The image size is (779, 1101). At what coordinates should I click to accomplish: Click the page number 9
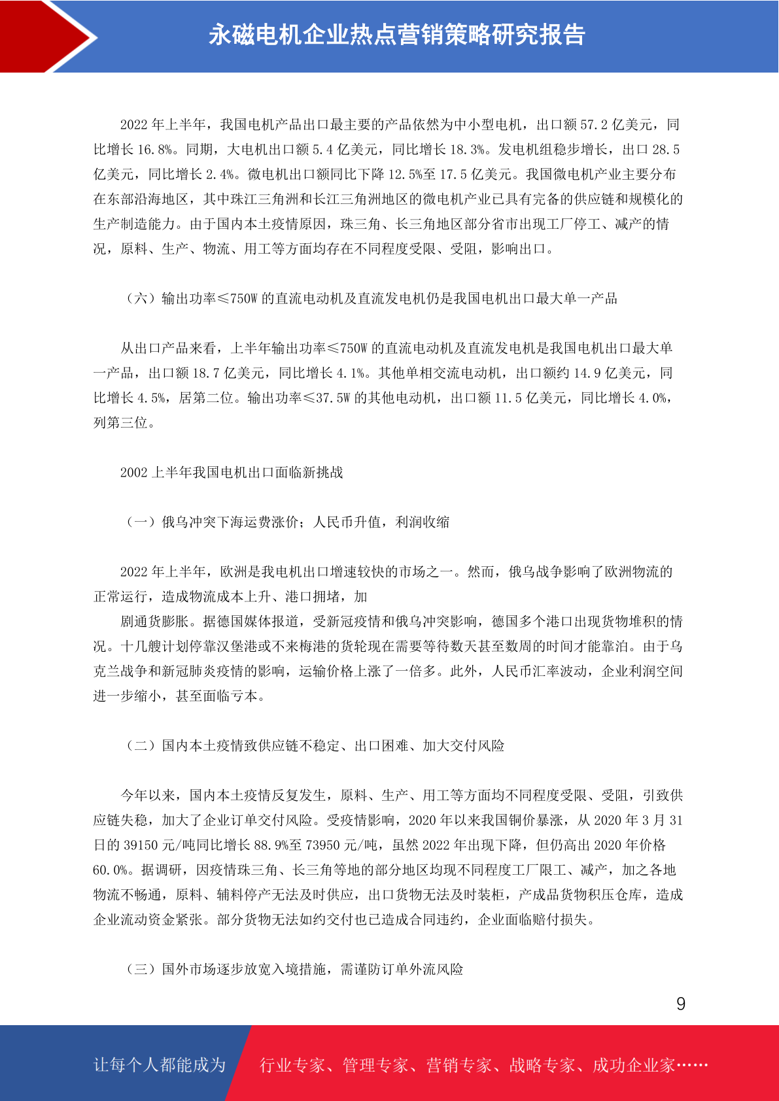680,1004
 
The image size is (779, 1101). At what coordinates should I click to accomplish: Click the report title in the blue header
396,35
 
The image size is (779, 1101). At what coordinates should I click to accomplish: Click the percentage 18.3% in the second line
466,150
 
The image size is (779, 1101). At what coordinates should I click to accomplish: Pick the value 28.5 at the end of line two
666,150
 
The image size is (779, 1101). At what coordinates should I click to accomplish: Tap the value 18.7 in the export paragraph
206,373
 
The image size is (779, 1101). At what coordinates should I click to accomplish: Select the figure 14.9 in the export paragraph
587,373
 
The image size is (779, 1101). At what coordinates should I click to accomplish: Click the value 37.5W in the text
334,398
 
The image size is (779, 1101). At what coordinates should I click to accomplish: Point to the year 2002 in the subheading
134,473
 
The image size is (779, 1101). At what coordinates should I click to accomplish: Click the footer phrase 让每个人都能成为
160,1065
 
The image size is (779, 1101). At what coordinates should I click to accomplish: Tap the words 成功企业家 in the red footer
633,1065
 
